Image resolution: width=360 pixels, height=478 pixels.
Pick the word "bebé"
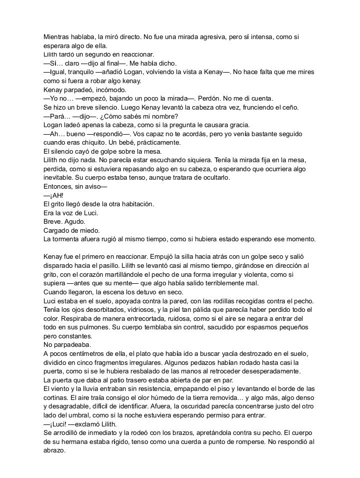pos(143,143)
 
